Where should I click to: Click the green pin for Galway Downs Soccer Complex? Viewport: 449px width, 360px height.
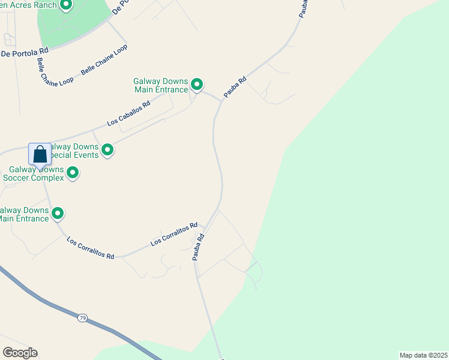pyautogui.click(x=73, y=173)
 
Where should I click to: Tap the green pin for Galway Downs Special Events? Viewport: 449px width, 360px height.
pyautogui.click(x=107, y=149)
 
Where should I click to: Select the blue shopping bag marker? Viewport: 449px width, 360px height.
pyautogui.click(x=40, y=155)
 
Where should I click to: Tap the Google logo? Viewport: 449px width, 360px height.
pyautogui.click(x=20, y=352)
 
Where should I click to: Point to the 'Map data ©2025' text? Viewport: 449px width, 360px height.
pyautogui.click(x=424, y=355)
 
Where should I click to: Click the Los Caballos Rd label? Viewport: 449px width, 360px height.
pyautogui.click(x=128, y=113)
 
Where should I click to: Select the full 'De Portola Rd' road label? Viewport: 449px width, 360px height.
pyautogui.click(x=24, y=53)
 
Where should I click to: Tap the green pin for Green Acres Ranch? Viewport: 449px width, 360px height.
pyautogui.click(x=66, y=5)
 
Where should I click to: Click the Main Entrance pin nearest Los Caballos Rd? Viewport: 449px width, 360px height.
pyautogui.click(x=196, y=85)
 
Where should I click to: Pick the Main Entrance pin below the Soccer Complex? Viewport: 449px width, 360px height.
pyautogui.click(x=58, y=213)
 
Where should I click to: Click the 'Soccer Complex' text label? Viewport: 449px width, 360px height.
pyautogui.click(x=34, y=178)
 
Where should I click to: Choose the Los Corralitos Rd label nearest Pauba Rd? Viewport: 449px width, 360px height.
pyautogui.click(x=174, y=234)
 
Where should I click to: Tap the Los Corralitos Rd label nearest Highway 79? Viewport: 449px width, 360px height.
pyautogui.click(x=90, y=247)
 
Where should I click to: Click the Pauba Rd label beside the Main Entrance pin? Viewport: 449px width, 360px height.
pyautogui.click(x=235, y=87)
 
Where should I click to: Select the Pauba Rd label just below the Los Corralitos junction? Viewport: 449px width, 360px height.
pyautogui.click(x=199, y=247)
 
